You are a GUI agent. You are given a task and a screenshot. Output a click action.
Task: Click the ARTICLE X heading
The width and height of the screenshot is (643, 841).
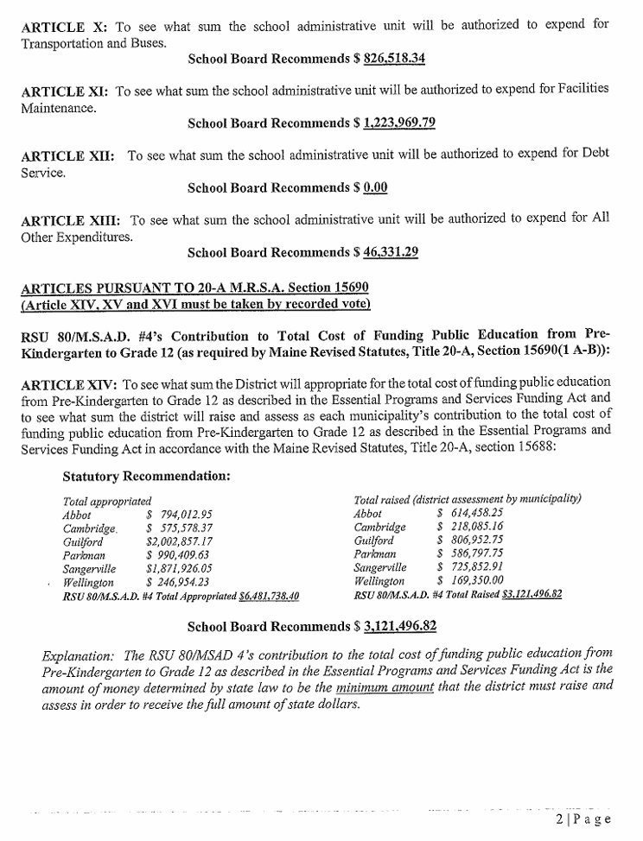tap(63, 26)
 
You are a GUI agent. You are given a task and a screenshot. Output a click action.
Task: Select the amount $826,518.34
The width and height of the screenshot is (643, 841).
tap(389, 60)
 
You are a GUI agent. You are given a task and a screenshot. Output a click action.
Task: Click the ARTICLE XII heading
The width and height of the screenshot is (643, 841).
tap(67, 155)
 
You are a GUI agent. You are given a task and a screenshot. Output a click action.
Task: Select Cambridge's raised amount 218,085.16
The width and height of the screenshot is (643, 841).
tap(473, 528)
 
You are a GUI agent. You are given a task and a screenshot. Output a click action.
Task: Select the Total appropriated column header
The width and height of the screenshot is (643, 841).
tap(107, 501)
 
